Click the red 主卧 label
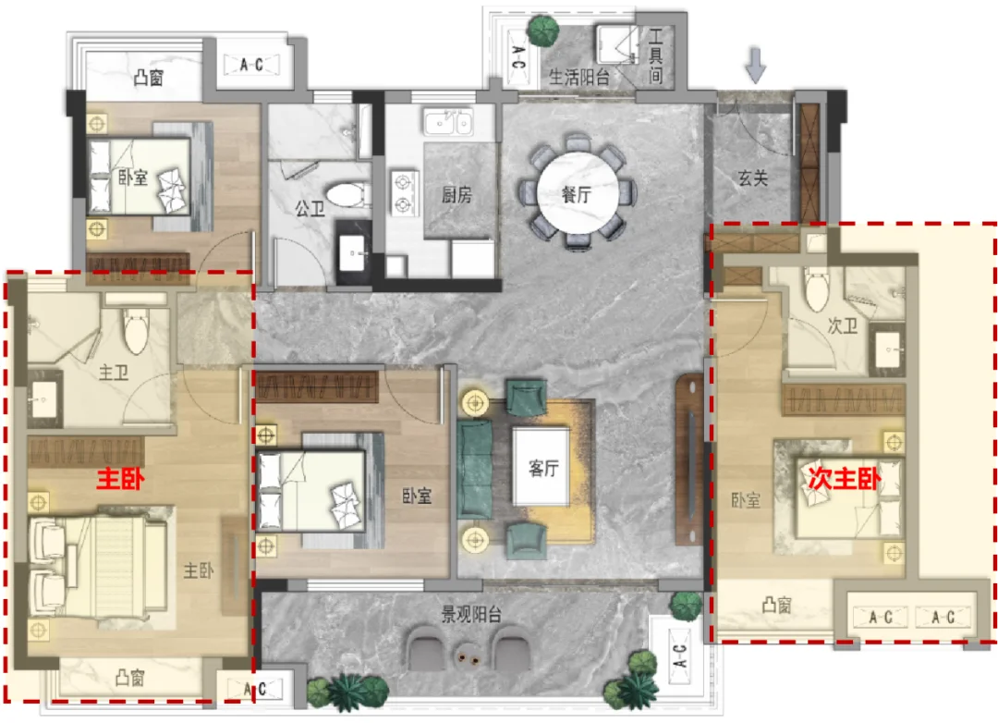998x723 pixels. [120, 479]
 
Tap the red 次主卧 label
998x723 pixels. [845, 477]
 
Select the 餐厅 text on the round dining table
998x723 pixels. [577, 195]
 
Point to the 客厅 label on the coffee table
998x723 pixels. [543, 468]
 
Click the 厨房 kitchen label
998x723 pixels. [457, 194]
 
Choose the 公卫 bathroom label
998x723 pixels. [310, 208]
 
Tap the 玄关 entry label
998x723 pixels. [753, 178]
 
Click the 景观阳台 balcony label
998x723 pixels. [471, 614]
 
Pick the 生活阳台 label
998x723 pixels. [579, 77]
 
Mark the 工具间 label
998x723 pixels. [655, 56]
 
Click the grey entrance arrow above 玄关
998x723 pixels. [756, 65]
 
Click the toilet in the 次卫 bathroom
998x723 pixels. [817, 288]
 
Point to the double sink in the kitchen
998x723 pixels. [449, 122]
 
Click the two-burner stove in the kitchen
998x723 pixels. [404, 193]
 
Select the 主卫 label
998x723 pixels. [114, 372]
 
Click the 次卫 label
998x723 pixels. [842, 325]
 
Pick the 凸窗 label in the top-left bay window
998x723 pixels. [148, 77]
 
